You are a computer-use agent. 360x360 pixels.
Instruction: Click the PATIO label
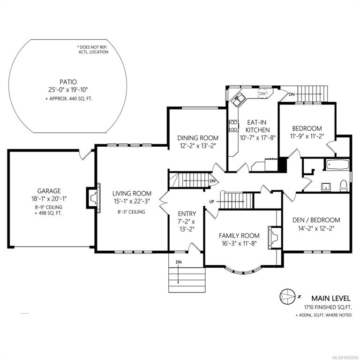68,82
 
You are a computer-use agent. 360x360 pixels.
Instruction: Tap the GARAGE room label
49,191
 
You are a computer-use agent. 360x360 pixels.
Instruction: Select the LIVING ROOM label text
132,193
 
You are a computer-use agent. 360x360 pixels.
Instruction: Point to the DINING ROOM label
198,138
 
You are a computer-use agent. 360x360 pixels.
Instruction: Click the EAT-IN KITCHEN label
257,126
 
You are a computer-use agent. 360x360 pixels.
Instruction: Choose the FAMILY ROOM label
239,236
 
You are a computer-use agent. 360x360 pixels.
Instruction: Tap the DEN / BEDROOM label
316,220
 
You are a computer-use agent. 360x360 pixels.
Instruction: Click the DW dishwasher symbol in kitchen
262,94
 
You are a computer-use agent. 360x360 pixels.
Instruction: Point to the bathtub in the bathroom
337,165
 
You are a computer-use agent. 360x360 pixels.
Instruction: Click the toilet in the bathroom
344,186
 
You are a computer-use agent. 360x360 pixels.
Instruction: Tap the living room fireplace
93,197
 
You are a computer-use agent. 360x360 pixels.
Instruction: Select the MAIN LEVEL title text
331,298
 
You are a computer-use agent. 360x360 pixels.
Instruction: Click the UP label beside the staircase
212,202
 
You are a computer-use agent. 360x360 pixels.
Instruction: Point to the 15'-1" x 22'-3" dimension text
132,202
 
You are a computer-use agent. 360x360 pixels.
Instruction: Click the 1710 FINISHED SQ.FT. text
328,307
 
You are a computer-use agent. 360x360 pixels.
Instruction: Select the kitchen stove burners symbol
233,126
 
